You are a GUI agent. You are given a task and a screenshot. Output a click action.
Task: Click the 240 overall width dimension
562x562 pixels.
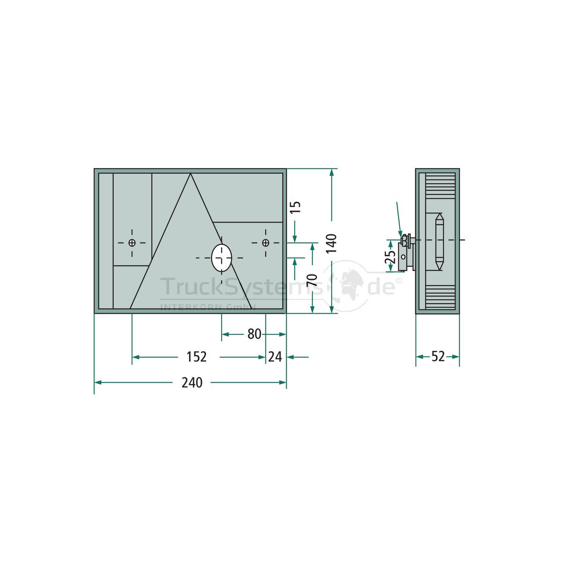(x=192, y=383)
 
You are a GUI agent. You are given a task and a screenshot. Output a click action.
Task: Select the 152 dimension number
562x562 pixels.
(x=196, y=357)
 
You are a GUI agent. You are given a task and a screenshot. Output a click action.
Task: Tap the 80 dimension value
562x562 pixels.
(x=254, y=334)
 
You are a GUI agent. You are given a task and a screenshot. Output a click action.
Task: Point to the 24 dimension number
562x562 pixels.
(x=275, y=357)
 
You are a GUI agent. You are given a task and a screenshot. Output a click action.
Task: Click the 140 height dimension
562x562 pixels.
(x=332, y=243)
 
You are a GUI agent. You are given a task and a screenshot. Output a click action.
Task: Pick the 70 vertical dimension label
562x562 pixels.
(x=312, y=280)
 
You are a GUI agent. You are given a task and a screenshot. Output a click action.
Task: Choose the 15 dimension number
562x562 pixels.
(x=296, y=207)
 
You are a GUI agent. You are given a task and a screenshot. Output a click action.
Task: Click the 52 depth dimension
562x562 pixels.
(x=438, y=356)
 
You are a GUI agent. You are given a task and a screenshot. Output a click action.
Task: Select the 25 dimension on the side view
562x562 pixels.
(x=391, y=257)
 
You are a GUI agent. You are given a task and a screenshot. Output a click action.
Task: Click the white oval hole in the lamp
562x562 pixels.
(x=222, y=258)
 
